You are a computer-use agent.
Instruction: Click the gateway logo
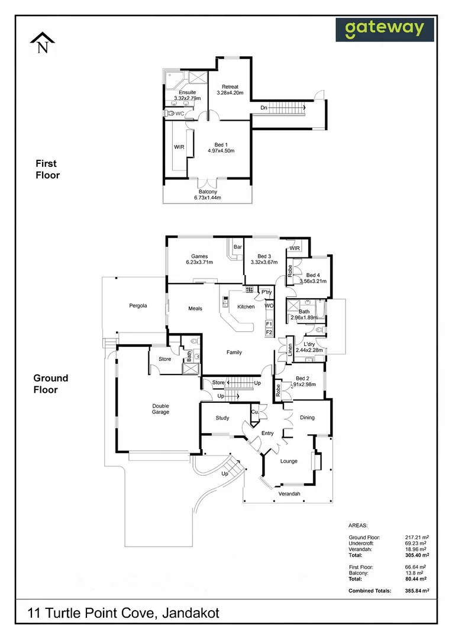click(x=385, y=29)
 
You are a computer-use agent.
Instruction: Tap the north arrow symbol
click(x=42, y=43)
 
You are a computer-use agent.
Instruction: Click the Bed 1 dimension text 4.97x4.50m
click(x=221, y=151)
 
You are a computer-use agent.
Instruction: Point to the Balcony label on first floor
click(x=207, y=192)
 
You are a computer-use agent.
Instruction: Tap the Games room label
click(x=199, y=256)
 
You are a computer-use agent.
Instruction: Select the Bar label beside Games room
click(x=238, y=247)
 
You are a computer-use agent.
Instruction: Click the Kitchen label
click(x=246, y=306)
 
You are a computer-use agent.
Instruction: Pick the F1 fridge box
click(x=269, y=324)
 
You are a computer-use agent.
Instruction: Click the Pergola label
click(x=138, y=306)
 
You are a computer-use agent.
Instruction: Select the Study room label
click(x=222, y=418)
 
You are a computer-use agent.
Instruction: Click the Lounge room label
click(x=289, y=461)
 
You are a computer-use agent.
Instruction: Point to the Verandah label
click(x=289, y=493)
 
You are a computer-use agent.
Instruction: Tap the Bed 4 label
click(x=313, y=275)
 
